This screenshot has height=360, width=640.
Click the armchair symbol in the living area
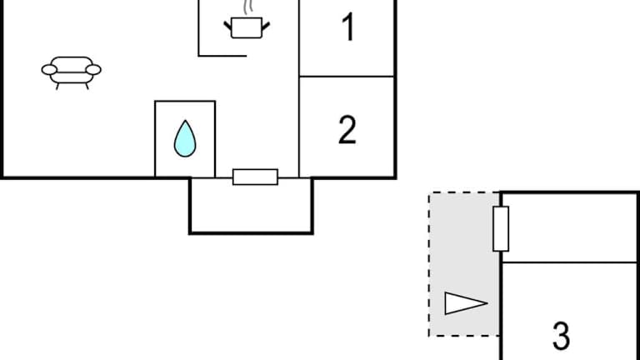tap(72, 72)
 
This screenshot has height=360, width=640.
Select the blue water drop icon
tap(185, 138)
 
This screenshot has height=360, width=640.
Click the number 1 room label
tap(347, 27)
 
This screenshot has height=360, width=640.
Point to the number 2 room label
tap(347, 130)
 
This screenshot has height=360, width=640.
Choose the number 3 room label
tap(561, 336)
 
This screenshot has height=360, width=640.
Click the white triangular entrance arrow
tap(466, 303)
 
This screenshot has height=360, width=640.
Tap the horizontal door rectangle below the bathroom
tap(256, 177)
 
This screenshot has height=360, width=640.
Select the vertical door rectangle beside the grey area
tap(501, 229)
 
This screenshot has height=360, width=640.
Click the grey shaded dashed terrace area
tap(464, 264)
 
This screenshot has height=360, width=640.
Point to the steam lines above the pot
tap(248, 7)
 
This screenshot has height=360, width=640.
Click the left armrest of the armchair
tap(49, 70)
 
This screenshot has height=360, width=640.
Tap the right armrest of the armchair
tap(93, 70)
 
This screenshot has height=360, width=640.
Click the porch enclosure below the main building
tap(251, 206)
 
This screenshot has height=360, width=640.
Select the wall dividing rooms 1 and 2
tap(347, 77)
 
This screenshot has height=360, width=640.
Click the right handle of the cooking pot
tap(266, 27)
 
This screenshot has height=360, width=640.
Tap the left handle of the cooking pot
tap(227, 27)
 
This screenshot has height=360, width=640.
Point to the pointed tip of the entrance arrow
tap(487, 303)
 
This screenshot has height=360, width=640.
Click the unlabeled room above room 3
tap(569, 227)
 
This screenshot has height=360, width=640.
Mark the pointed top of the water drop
tap(185, 120)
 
